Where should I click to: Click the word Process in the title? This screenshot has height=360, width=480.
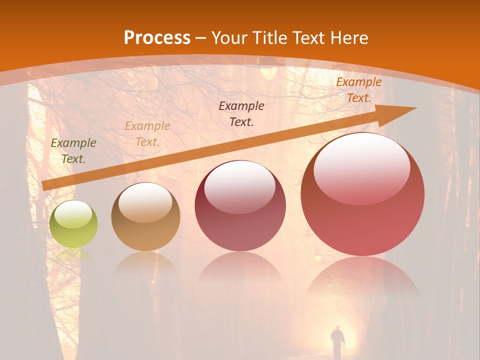click(157, 38)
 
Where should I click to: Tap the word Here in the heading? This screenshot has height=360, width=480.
click(348, 38)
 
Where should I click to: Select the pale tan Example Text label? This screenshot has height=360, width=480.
click(147, 134)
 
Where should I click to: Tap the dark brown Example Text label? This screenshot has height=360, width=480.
click(241, 113)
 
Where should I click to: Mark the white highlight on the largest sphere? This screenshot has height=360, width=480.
click(361, 167)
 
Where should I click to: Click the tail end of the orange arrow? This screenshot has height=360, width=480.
click(45, 185)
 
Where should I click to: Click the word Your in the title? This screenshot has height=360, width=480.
click(228, 38)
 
